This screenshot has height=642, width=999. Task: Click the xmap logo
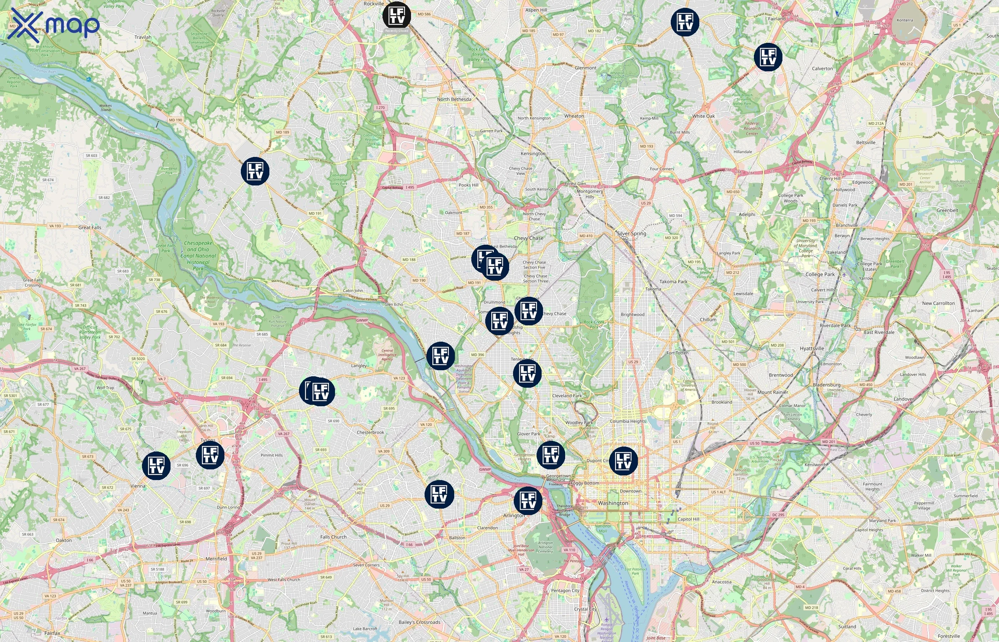(54, 25)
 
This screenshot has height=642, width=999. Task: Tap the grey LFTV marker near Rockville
(396, 16)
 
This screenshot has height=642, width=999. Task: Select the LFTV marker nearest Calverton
(768, 57)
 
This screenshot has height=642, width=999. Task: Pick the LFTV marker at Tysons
(210, 455)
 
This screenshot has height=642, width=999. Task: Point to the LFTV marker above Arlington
(528, 501)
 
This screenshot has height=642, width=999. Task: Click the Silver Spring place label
(631, 234)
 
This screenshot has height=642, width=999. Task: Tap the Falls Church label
(333, 537)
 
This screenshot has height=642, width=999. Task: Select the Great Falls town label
(90, 228)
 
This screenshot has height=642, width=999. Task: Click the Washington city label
(613, 503)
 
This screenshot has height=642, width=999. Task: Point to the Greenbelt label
(947, 210)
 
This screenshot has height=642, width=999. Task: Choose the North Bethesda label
(454, 99)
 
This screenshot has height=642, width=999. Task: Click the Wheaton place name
(574, 116)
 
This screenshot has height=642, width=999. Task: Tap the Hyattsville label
(812, 348)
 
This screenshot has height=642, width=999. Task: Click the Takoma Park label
(673, 281)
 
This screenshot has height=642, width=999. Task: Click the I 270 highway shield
(380, 108)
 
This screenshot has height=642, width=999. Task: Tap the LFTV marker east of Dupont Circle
(623, 461)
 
